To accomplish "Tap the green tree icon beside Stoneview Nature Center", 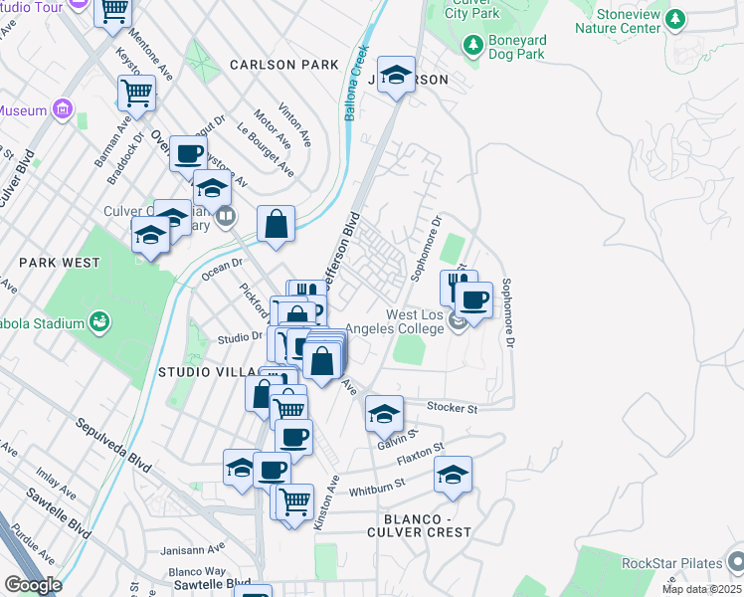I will pos(675,18).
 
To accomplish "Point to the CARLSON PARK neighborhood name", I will pos(283,65).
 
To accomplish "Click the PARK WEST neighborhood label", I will pos(60,263).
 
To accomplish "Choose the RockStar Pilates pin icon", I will pos(735,561).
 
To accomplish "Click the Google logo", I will pos(33,585).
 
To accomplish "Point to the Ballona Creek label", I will pos(354,84).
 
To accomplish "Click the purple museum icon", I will pos(62,107).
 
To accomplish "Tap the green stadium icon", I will pos(99,320).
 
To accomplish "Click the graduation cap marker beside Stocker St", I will pos(384,413).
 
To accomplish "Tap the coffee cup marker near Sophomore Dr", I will pos(474,299).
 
